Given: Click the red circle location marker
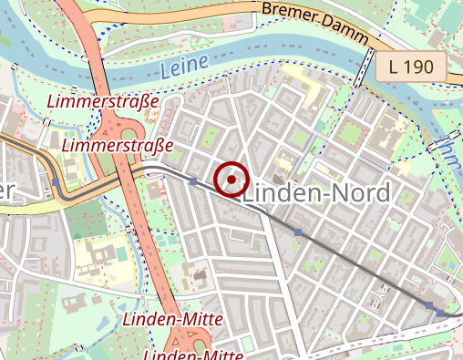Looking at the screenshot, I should click(232, 180).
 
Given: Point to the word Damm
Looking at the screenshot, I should click(349, 34).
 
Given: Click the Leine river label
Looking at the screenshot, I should click(183, 65).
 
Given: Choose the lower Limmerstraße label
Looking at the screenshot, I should click(118, 145).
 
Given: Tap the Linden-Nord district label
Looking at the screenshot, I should click(317, 193).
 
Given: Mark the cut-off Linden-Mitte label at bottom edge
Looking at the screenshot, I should click(191, 354).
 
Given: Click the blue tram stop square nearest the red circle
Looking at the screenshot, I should click(193, 182).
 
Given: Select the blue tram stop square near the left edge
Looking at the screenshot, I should click(57, 182).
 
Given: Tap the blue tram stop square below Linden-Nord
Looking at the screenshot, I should click(298, 233).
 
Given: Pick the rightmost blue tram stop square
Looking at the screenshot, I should click(441, 314).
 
